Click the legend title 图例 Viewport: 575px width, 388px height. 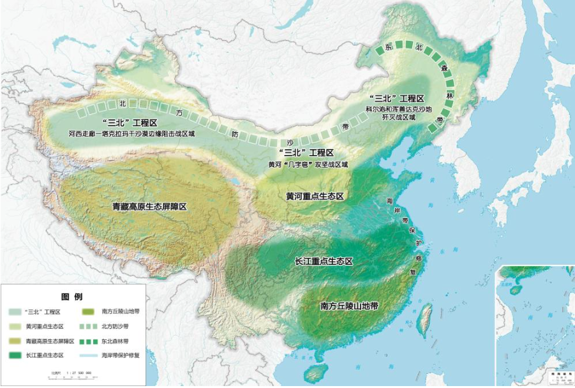pyautogui.click(x=71, y=297)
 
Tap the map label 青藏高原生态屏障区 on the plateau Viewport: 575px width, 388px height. pyautogui.click(x=149, y=207)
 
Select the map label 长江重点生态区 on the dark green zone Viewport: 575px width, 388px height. pyautogui.click(x=324, y=262)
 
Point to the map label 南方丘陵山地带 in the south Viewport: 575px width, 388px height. pyautogui.click(x=349, y=306)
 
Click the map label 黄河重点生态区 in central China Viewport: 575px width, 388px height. pyautogui.click(x=315, y=197)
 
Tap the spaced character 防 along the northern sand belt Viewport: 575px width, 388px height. pyautogui.click(x=235, y=135)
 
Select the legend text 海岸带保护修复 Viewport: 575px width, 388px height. pyautogui.click(x=121, y=354)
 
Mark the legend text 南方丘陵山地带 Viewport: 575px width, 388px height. pyautogui.click(x=121, y=312)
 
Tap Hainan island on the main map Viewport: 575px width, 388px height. pyautogui.click(x=313, y=373)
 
